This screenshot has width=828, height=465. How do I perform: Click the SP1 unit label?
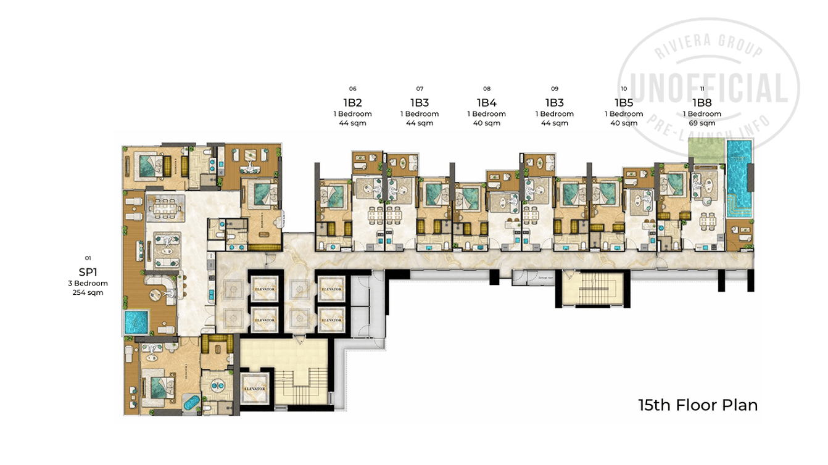click(88, 272)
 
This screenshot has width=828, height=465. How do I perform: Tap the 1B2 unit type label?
click(352, 102)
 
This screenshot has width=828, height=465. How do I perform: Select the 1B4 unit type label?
click(486, 102)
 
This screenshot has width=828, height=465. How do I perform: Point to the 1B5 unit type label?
click(624, 102)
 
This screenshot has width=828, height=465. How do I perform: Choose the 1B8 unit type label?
click(702, 102)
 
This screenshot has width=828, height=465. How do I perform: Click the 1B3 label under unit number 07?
click(420, 102)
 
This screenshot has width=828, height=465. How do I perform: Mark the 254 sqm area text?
click(88, 293)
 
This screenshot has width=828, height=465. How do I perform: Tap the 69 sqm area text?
click(702, 123)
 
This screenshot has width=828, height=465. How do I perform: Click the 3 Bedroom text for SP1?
click(88, 283)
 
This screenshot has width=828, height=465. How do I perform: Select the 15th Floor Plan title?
click(698, 405)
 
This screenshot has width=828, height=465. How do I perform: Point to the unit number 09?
click(554, 89)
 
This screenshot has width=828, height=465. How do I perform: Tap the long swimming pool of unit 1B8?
click(739, 176)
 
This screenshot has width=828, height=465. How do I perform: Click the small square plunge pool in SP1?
click(135, 322)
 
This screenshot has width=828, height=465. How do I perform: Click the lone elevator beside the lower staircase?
click(255, 389)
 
